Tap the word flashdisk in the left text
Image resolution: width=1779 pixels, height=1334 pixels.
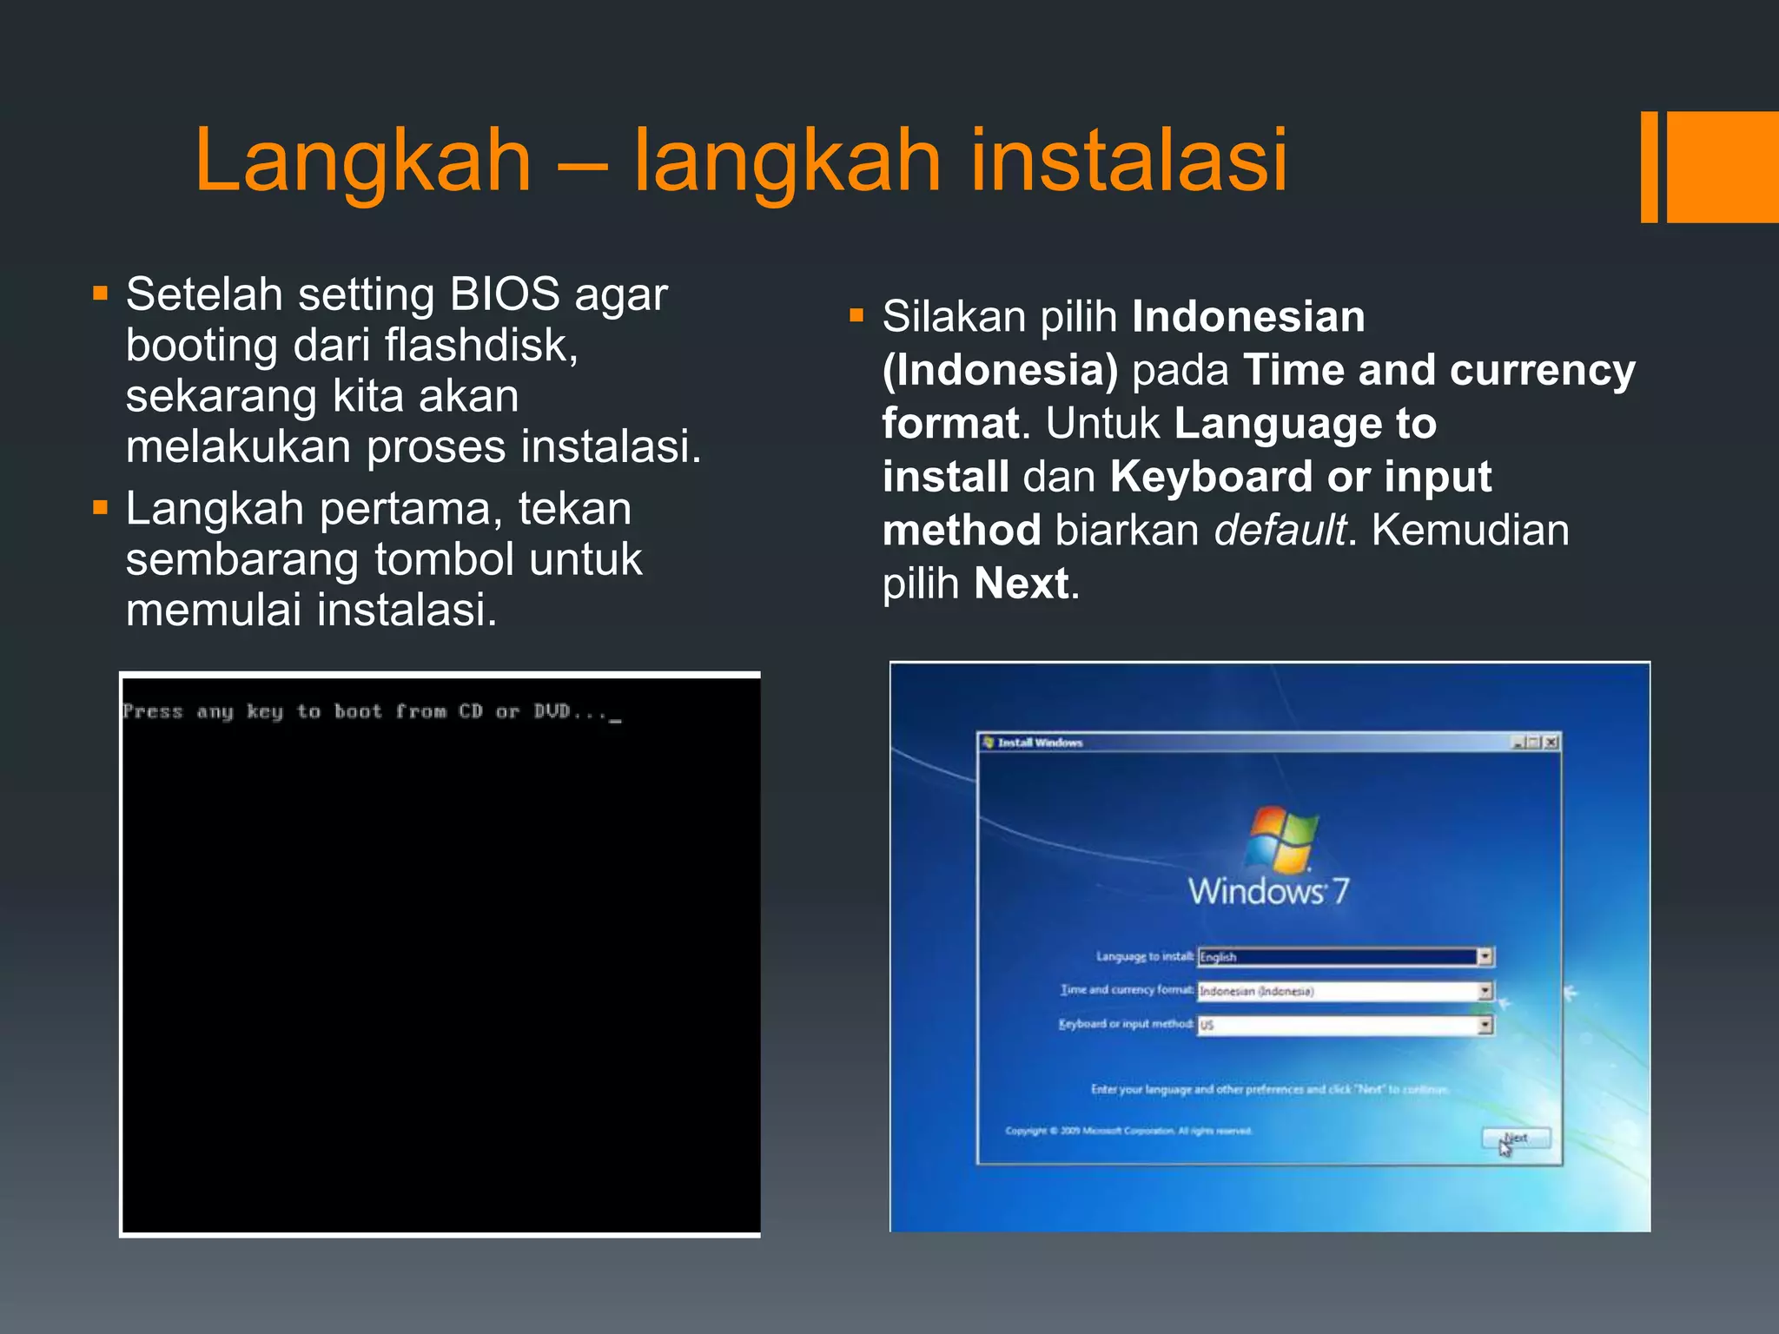[479, 345]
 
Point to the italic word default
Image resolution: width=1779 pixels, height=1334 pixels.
[1280, 531]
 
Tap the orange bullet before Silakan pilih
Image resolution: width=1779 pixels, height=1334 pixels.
[856, 315]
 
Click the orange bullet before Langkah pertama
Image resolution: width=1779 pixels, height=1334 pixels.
[100, 507]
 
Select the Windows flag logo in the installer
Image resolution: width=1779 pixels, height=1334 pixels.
[1280, 837]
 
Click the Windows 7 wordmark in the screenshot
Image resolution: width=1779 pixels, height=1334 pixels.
[1268, 891]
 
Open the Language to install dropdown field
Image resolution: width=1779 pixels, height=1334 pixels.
[1345, 956]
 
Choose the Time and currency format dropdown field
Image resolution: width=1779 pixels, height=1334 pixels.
[1345, 991]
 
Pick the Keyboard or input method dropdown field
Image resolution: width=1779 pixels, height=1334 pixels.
[1345, 1025]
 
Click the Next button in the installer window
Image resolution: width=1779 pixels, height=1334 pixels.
[1516, 1139]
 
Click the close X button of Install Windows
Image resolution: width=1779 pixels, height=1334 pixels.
[1551, 743]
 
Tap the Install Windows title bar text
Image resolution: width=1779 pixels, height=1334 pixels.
[1040, 743]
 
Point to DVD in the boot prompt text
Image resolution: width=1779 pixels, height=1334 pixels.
[552, 711]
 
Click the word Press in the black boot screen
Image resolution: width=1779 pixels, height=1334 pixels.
[153, 711]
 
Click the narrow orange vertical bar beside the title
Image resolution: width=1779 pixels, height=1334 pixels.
[1649, 167]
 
